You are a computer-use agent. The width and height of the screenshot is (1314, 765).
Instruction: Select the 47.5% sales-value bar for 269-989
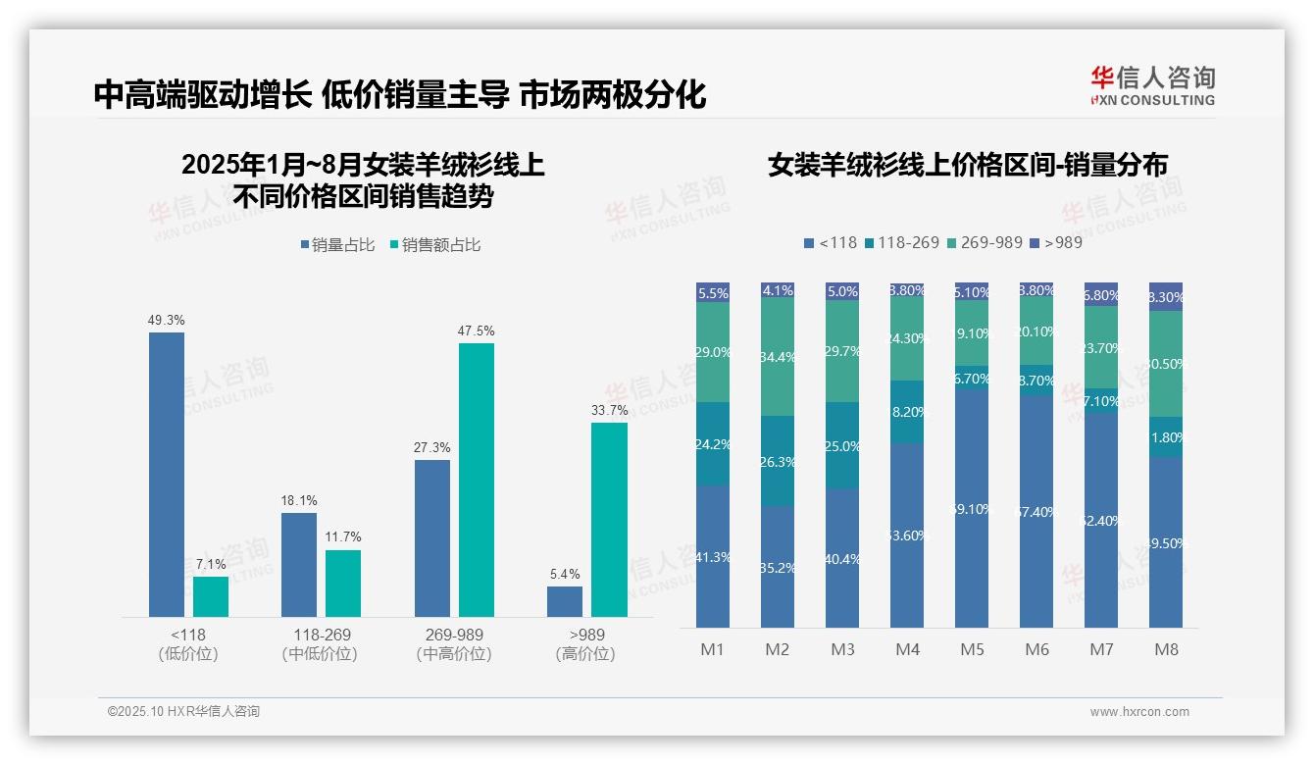(477, 480)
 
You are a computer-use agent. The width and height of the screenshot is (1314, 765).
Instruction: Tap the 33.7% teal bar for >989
(609, 520)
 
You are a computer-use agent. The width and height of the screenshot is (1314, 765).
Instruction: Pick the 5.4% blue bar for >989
(565, 601)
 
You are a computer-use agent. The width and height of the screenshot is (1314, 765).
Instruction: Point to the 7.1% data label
(211, 564)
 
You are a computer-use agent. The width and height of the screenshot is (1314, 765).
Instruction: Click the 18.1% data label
(299, 500)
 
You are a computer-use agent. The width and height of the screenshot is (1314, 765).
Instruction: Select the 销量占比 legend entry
(337, 245)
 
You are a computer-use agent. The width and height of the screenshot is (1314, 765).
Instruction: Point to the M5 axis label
(972, 649)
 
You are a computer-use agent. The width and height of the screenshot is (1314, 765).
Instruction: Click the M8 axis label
(1166, 649)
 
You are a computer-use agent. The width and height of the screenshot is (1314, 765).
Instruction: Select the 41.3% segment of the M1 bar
(713, 556)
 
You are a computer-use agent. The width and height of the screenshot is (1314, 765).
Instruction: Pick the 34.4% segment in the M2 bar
(778, 356)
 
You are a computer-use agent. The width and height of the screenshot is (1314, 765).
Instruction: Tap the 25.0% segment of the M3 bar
(842, 445)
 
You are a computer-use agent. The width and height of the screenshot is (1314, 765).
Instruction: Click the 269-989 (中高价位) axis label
(454, 644)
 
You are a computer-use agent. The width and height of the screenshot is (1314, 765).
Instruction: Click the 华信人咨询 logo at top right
(1152, 85)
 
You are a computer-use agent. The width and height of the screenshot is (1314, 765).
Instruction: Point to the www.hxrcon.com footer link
(1139, 712)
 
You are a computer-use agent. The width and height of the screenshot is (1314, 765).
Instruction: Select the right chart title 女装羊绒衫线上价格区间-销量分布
(968, 165)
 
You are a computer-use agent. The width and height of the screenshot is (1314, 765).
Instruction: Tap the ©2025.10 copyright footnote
(183, 712)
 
